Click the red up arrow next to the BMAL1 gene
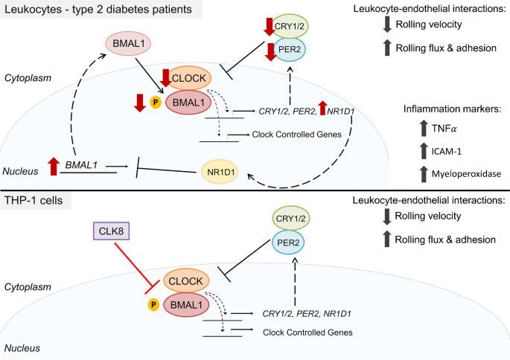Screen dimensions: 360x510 (51, 167)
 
